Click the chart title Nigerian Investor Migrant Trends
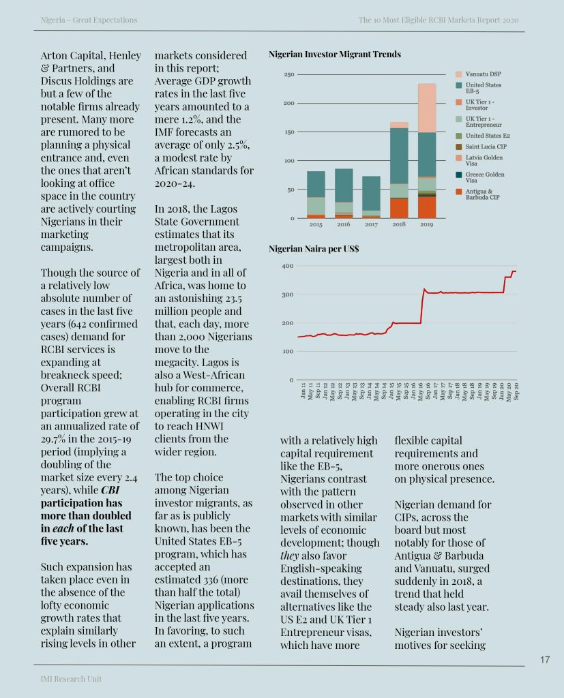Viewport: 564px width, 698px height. tap(335, 54)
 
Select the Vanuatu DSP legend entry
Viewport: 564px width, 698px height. tap(484, 74)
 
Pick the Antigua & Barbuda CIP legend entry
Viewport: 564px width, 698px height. tap(485, 195)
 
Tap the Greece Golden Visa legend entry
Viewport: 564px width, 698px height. tap(485, 177)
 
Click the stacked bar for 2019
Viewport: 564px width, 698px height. tap(427, 151)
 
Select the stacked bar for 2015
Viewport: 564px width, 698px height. tap(316, 194)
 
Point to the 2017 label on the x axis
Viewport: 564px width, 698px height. tap(372, 224)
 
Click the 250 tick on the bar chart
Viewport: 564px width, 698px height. tap(289, 74)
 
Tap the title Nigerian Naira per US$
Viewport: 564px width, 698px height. tap(314, 249)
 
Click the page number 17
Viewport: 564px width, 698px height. tap(544, 659)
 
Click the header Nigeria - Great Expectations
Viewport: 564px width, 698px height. tap(89, 20)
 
